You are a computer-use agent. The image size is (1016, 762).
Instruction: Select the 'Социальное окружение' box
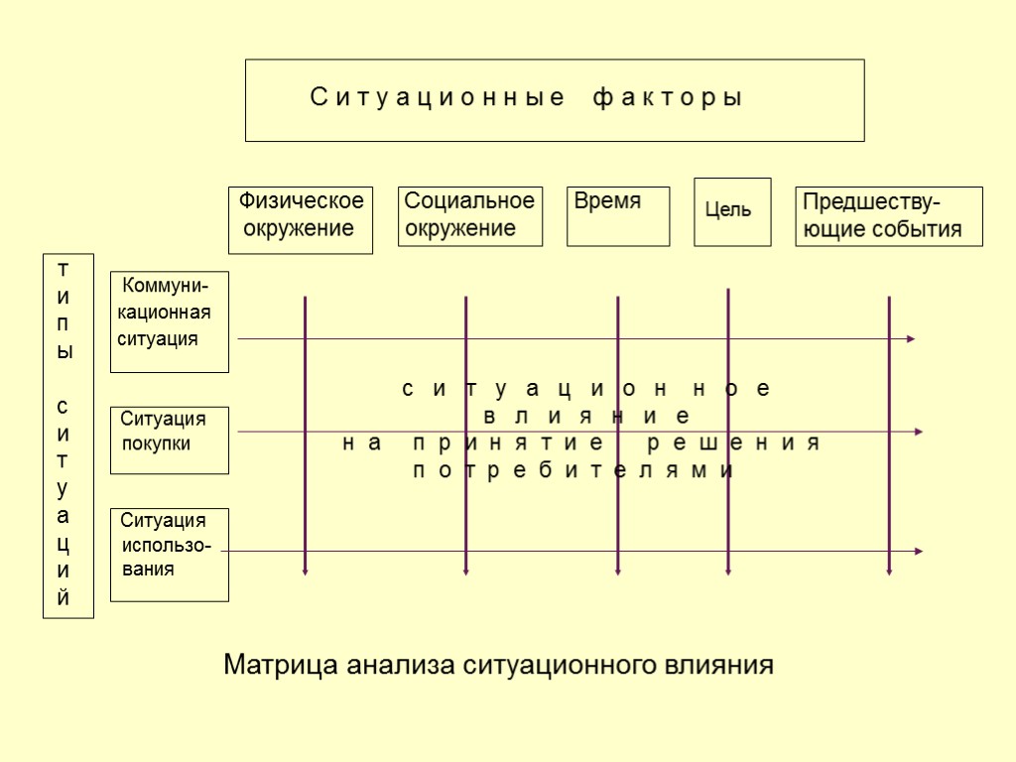pos(470,215)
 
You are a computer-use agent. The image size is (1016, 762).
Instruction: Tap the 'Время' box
pos(618,215)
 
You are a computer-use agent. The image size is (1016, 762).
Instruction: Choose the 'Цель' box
pos(732,211)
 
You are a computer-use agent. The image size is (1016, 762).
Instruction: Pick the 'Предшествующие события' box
pos(889,216)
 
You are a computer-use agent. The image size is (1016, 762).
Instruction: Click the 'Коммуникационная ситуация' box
pos(170,321)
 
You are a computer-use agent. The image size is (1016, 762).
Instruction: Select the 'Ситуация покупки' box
pos(170,440)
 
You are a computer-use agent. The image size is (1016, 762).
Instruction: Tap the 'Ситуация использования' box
pos(170,555)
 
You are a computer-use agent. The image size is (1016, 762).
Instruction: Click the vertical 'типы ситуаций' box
pos(67,436)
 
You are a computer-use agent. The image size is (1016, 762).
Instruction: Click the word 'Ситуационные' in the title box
pos(438,98)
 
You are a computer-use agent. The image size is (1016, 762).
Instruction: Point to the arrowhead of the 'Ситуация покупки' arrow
pos(919,432)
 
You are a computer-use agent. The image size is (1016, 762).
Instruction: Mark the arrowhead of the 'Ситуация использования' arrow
pos(919,551)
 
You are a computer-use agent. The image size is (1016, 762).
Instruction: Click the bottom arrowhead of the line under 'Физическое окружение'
pos(306,571)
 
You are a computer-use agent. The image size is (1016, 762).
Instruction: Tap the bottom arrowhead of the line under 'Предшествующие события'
pos(889,571)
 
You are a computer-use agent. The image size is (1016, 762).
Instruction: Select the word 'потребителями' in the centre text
pos(573,470)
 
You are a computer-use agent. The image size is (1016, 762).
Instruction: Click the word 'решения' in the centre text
pos(733,443)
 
